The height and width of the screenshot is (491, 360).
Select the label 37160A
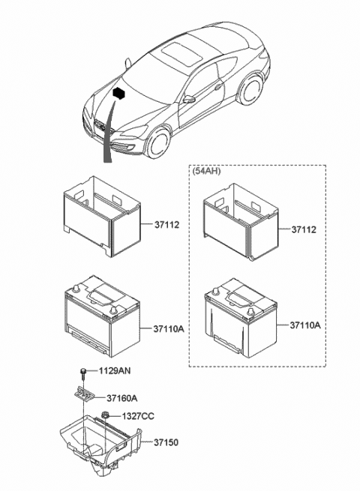[x=122, y=399]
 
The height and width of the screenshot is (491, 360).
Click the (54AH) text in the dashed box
[x=208, y=172]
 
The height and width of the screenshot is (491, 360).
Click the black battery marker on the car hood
[x=118, y=93]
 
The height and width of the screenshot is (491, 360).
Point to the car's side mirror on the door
[x=189, y=99]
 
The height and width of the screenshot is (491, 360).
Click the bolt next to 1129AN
[x=81, y=373]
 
